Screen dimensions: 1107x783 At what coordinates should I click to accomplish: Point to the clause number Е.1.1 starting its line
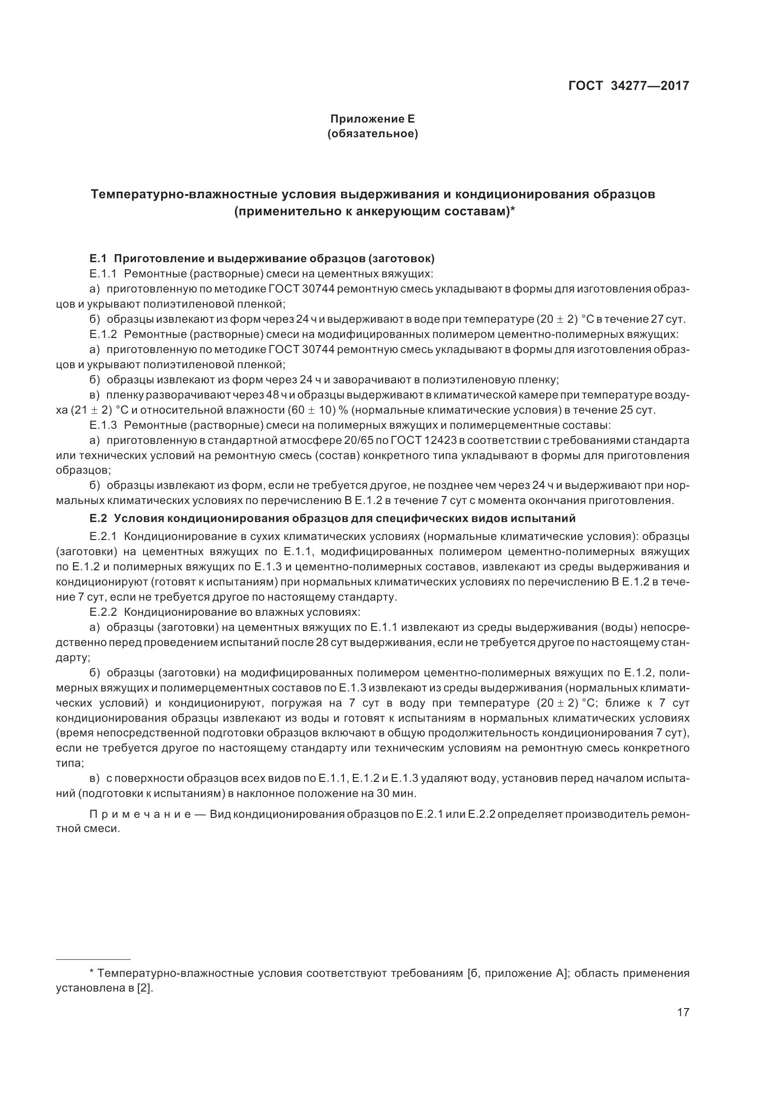pos(103,274)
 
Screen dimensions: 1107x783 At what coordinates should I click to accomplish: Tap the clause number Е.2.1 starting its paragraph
pos(103,536)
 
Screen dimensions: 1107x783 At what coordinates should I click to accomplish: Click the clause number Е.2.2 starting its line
pos(103,612)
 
